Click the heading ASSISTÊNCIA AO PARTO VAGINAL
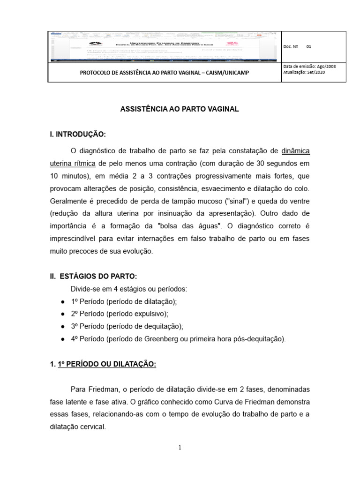point(180,109)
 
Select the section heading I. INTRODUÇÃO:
point(78,135)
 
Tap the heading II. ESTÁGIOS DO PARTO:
point(94,277)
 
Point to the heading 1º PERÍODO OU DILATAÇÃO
point(107,364)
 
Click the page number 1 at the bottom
point(180,447)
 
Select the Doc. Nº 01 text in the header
point(298,47)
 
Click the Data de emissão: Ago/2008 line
point(310,67)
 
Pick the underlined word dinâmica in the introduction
point(295,151)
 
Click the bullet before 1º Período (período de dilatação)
point(62,301)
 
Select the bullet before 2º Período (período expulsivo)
point(62,314)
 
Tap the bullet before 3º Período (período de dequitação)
point(62,326)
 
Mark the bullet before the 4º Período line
point(62,339)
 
